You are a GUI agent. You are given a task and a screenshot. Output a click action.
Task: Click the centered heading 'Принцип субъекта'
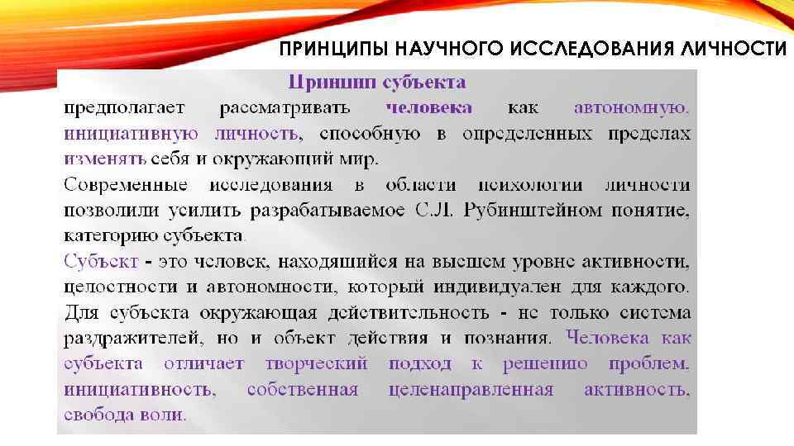pyautogui.click(x=375, y=83)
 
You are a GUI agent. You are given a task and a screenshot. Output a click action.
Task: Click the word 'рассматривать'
pyautogui.click(x=285, y=108)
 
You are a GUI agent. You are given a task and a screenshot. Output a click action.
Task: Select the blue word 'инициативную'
pyautogui.click(x=131, y=134)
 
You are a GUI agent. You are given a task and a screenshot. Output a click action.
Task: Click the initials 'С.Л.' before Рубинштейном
pyautogui.click(x=432, y=211)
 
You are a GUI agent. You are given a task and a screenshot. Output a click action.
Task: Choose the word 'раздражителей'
pyautogui.click(x=132, y=339)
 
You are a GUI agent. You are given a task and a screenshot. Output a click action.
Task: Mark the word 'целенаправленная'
pyautogui.click(x=471, y=390)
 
